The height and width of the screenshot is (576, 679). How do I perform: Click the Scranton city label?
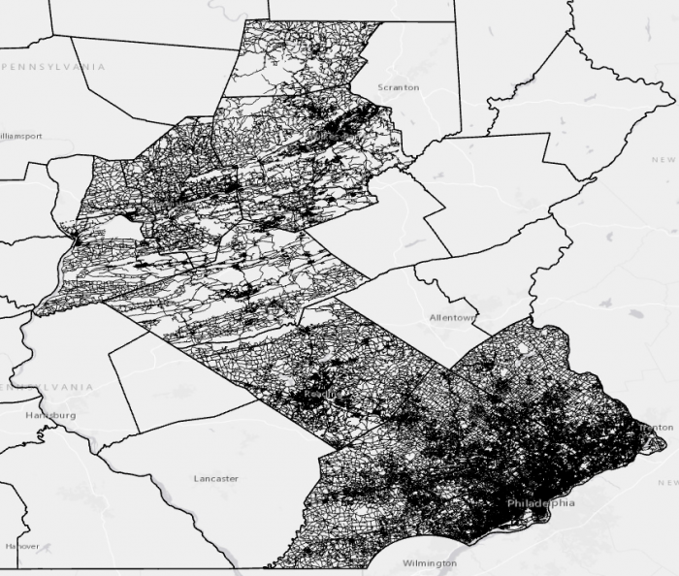399,87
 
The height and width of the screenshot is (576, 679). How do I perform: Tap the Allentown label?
452,318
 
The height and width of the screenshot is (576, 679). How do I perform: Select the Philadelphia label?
540,503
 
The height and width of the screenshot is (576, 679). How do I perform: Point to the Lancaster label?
216,479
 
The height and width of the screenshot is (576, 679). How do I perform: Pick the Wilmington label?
429,563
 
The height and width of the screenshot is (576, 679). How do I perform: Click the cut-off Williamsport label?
20,137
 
